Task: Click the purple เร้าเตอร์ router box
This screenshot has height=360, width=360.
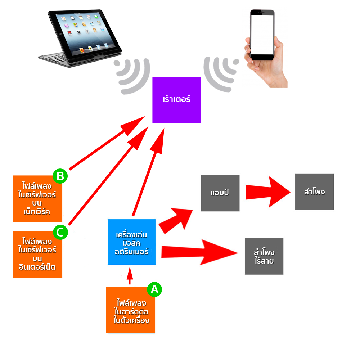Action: tap(176, 99)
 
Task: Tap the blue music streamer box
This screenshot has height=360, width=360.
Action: tap(132, 242)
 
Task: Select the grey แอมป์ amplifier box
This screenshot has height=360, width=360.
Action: tap(220, 193)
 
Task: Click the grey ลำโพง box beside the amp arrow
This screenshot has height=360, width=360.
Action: tap(314, 192)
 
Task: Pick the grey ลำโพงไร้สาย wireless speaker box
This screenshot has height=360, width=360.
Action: tap(264, 256)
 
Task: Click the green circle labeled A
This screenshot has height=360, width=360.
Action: tap(154, 289)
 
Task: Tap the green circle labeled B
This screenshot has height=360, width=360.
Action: tap(60, 176)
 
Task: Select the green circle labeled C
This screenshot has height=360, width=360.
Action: tap(60, 232)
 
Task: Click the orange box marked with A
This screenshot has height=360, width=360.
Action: tap(130, 311)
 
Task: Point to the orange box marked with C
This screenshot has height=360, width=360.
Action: tap(37, 256)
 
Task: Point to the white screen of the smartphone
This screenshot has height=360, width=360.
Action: tap(262, 34)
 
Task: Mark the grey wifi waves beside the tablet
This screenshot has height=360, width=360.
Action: tap(133, 72)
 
